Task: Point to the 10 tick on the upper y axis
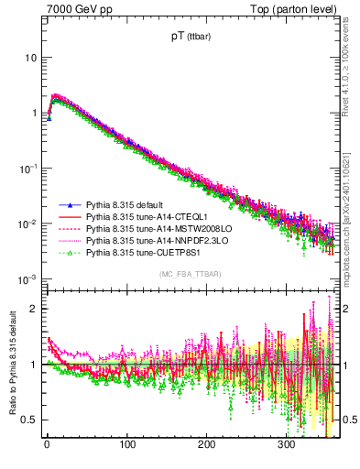pos(30,58)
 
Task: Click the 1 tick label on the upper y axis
pos(33,114)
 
